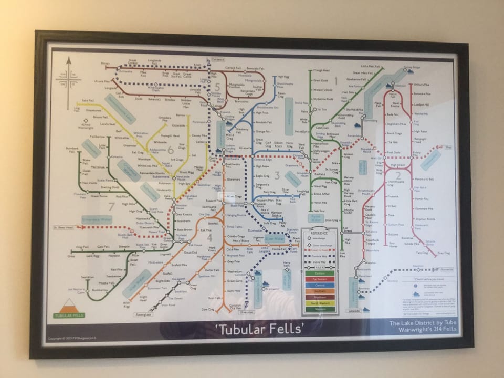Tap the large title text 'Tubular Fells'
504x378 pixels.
coord(260,329)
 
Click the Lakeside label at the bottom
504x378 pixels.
coord(354,311)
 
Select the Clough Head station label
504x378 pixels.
coord(321,70)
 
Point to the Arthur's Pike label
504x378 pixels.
coord(422,85)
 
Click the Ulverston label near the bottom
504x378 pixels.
coord(246,312)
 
